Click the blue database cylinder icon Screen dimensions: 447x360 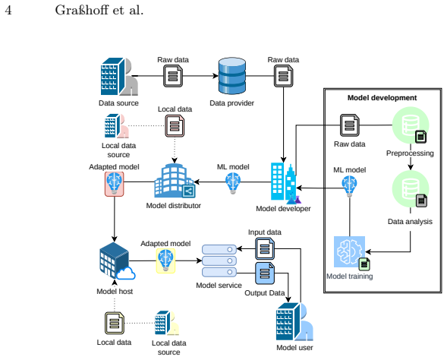click(x=231, y=76)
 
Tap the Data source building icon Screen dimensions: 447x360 click(x=119, y=77)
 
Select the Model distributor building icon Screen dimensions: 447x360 click(x=175, y=181)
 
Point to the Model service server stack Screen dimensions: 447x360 click(x=219, y=261)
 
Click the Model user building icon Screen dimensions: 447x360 click(x=294, y=322)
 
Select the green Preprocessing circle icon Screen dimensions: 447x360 click(x=411, y=125)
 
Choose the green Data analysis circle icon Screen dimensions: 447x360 click(x=411, y=189)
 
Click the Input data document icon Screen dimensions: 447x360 click(x=265, y=249)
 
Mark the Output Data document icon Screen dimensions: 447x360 click(x=265, y=273)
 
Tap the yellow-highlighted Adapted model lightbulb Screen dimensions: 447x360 click(x=165, y=261)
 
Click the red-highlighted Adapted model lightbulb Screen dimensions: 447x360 click(x=114, y=184)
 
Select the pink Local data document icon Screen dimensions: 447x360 click(x=175, y=126)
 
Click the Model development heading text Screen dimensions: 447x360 click(x=382, y=98)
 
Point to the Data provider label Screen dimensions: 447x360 click(x=231, y=103)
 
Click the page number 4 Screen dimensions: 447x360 click(x=8, y=11)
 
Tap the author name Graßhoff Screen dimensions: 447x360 click(x=82, y=11)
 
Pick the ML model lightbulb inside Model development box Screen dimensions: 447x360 click(x=350, y=186)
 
